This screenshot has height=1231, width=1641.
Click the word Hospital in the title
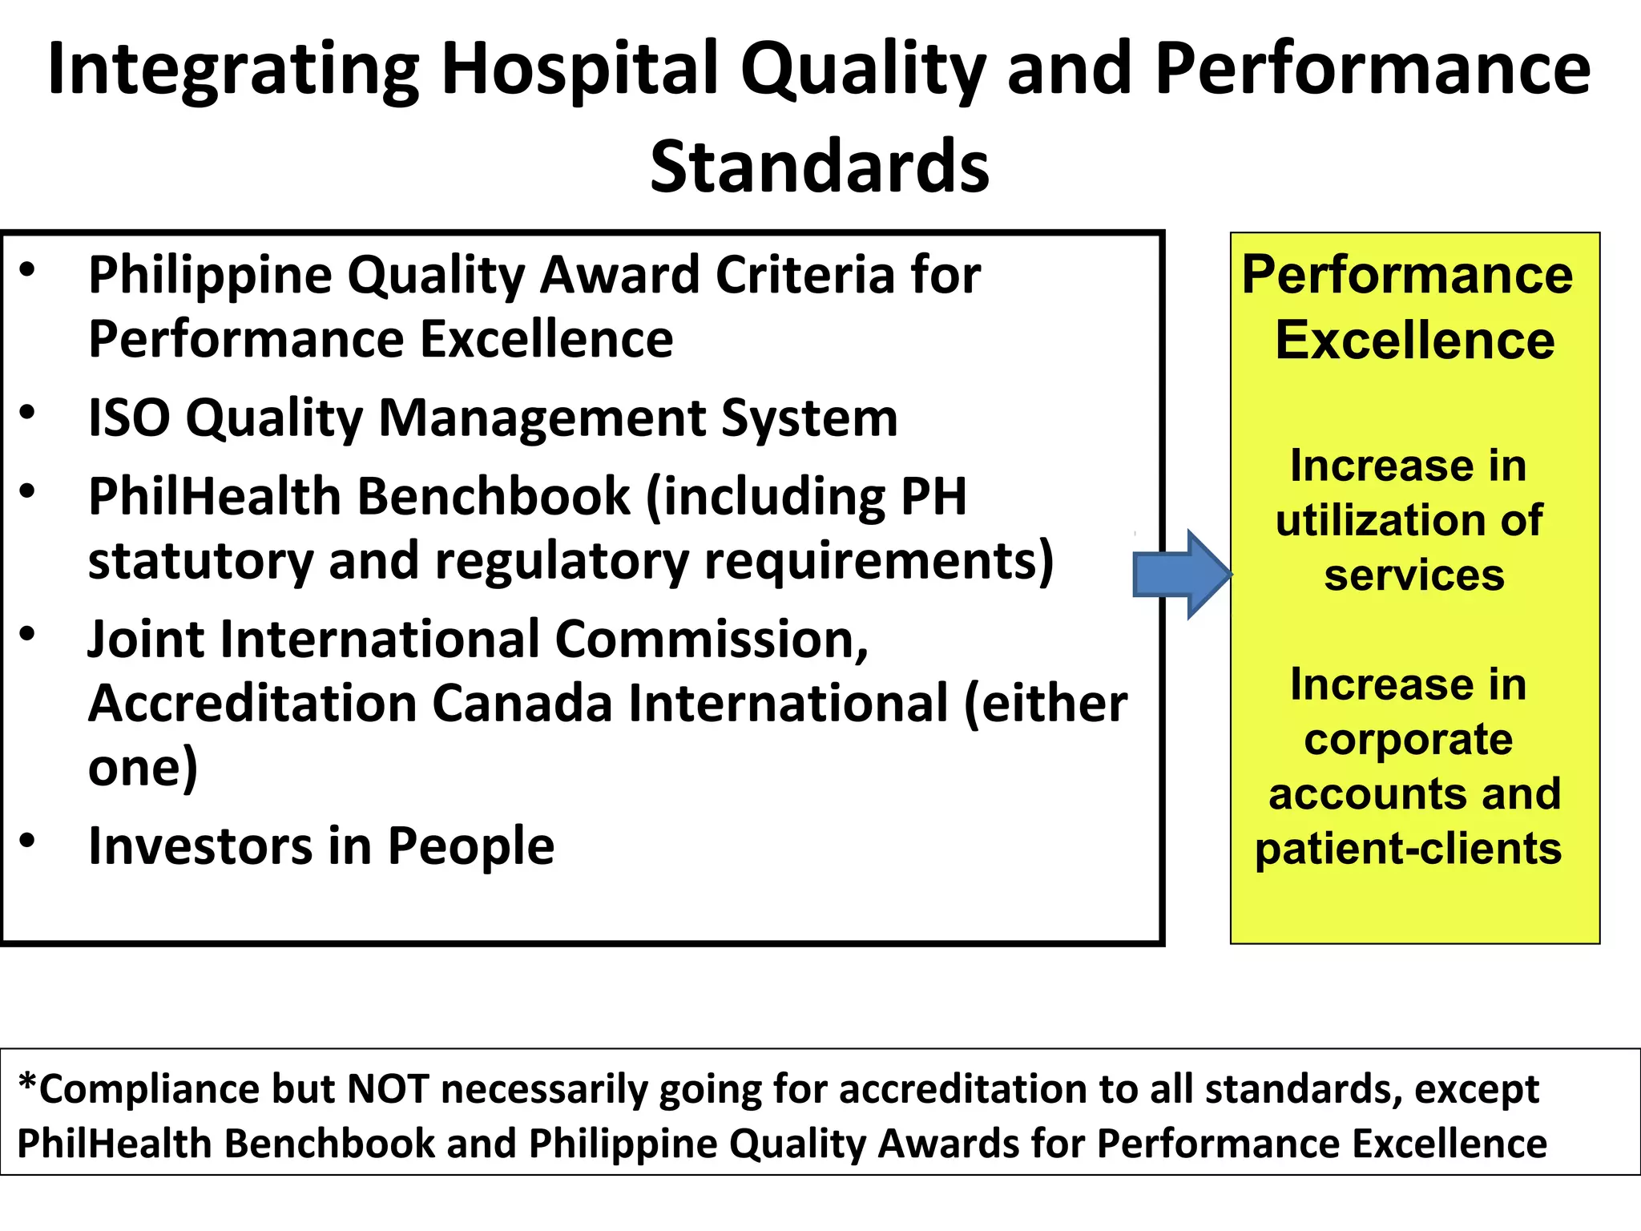tap(579, 69)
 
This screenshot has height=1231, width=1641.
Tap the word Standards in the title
tap(820, 167)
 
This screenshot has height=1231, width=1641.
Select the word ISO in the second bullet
tap(128, 418)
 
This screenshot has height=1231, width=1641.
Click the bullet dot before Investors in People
tap(28, 840)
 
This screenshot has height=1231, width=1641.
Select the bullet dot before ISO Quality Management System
tap(28, 413)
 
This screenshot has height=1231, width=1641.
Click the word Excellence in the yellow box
tap(1415, 341)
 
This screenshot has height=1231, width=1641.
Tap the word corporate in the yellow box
tap(1408, 739)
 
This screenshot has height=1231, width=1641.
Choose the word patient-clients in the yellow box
tap(1408, 848)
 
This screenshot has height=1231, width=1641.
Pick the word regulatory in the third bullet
tap(562, 560)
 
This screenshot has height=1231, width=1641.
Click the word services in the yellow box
tap(1414, 575)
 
